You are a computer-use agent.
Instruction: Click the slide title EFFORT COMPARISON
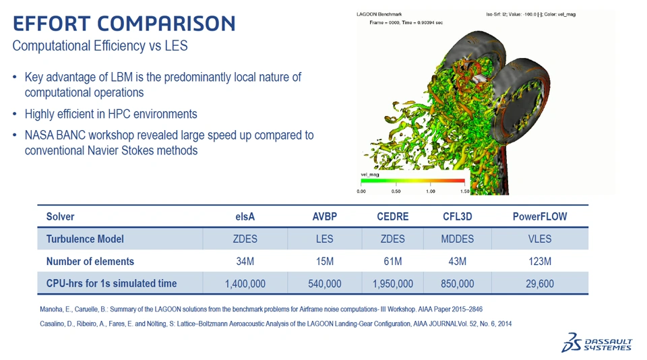(x=124, y=24)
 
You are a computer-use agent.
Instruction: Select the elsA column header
(x=245, y=217)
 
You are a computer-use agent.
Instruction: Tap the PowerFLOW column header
(x=540, y=217)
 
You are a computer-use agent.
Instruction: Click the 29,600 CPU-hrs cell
(x=540, y=284)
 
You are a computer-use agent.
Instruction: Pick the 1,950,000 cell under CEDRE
(x=392, y=284)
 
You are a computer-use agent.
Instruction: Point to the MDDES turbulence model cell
(x=457, y=239)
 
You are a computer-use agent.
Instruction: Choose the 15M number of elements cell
(x=325, y=262)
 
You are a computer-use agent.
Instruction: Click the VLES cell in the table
(x=540, y=239)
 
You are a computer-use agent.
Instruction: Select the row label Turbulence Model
(x=85, y=239)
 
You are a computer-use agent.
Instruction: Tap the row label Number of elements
(x=90, y=262)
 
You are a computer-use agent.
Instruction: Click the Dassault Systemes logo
(x=596, y=342)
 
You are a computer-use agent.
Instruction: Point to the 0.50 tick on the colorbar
(x=396, y=191)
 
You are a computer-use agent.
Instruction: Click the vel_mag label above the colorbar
(x=370, y=175)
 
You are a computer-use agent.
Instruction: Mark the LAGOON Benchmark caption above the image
(x=379, y=14)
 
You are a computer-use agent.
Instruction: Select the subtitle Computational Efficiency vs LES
(x=100, y=45)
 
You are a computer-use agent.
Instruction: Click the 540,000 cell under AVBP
(x=325, y=284)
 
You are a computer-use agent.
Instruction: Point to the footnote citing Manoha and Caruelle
(x=261, y=309)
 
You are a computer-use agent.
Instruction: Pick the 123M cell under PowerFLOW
(x=540, y=262)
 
